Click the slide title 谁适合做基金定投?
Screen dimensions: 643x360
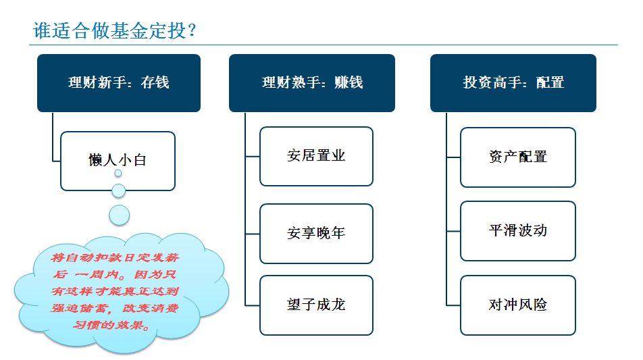(114, 31)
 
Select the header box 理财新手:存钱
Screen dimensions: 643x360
(119, 83)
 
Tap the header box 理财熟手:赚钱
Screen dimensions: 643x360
(311, 83)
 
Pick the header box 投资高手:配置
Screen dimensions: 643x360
(513, 83)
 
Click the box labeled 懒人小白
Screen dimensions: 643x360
(118, 161)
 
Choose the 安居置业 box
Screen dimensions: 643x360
(316, 156)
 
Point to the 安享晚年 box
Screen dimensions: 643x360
(316, 234)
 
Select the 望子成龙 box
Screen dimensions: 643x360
(316, 305)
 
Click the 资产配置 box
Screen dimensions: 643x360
(518, 157)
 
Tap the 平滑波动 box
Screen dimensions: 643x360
(518, 231)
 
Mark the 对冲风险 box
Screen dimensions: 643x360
(518, 305)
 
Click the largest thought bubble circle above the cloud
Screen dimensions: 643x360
(120, 215)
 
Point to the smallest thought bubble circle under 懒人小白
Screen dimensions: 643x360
(118, 174)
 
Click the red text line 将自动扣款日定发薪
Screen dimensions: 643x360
(115, 257)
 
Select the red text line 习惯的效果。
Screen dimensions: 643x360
(111, 325)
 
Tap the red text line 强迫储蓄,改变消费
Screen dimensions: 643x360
(115, 308)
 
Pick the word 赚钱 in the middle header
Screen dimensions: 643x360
(349, 82)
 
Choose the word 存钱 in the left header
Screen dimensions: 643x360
(155, 82)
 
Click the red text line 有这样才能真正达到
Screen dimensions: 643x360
(115, 291)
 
